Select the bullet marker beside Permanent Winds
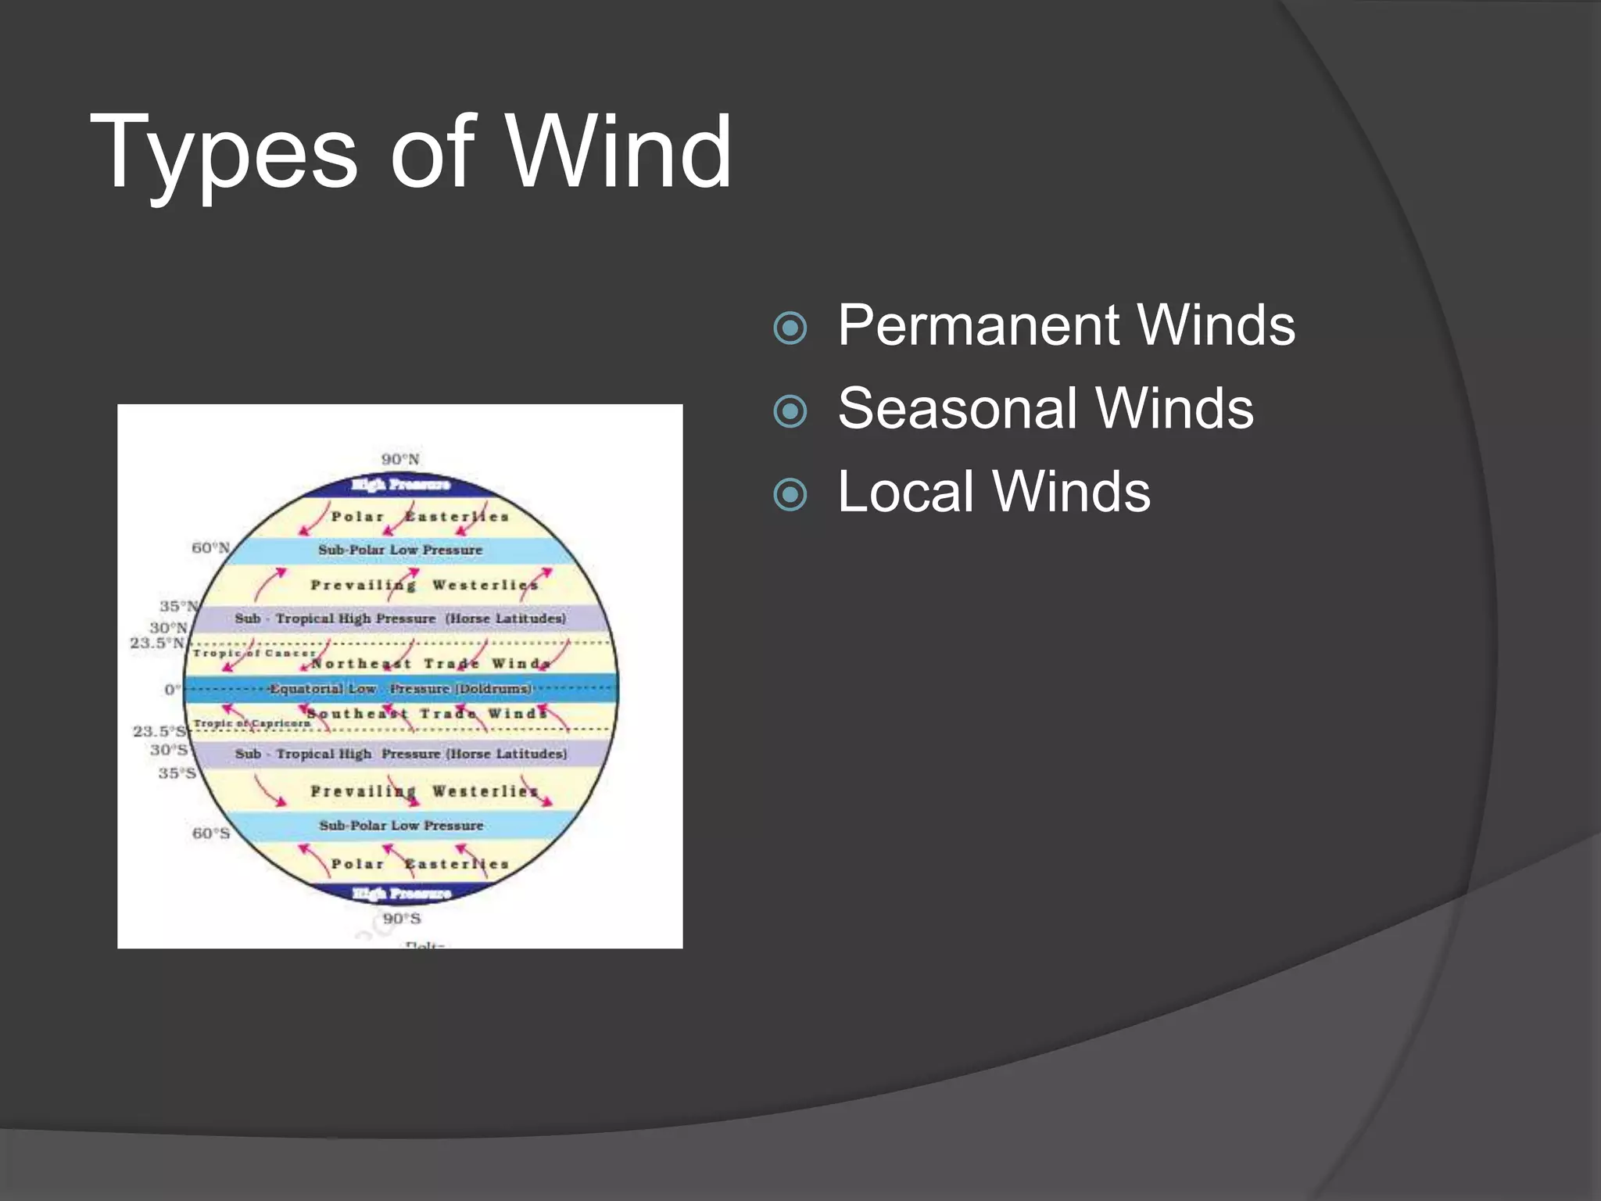coord(790,328)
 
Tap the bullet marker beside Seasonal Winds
coord(790,411)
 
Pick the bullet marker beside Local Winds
coord(790,494)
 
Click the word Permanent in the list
coord(980,325)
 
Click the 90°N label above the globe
coord(400,459)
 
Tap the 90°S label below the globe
coord(402,918)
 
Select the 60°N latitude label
coord(210,547)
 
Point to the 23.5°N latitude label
coord(157,643)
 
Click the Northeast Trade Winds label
coord(431,664)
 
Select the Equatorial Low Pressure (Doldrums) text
coord(400,689)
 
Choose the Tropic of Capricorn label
coord(252,723)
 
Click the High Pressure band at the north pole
coord(400,485)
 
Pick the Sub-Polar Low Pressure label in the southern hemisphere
coord(401,825)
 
